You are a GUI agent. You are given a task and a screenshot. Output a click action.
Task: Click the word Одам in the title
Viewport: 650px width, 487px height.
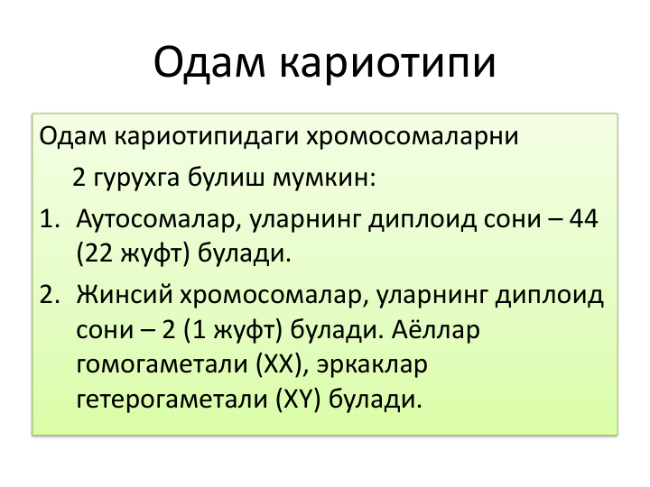click(209, 62)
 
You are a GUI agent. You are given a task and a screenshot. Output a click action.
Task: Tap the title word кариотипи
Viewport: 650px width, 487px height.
click(387, 64)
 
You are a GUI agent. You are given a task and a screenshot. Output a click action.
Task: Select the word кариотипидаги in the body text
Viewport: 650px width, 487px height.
click(207, 137)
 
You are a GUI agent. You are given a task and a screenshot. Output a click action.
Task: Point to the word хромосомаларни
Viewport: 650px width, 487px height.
click(413, 137)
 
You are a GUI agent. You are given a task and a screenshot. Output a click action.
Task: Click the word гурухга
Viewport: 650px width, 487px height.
click(137, 179)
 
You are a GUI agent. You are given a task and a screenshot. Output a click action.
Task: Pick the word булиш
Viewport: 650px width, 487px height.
click(226, 177)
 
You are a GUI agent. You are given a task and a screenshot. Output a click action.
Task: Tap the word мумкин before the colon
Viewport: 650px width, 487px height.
click(320, 179)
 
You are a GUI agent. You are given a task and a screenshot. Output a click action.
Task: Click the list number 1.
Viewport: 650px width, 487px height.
click(50, 219)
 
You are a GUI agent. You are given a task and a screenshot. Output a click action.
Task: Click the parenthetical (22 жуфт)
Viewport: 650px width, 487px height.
click(133, 253)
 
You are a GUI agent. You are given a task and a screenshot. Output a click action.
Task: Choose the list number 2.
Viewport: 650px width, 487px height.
click(50, 295)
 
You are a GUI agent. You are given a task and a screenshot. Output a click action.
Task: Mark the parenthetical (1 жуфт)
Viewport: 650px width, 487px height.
click(233, 330)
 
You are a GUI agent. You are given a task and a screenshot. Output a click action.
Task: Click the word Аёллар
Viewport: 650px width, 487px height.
click(435, 329)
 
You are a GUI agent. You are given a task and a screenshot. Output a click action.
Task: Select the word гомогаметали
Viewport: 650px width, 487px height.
click(162, 365)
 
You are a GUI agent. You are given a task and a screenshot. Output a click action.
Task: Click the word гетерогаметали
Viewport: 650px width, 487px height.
click(172, 400)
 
